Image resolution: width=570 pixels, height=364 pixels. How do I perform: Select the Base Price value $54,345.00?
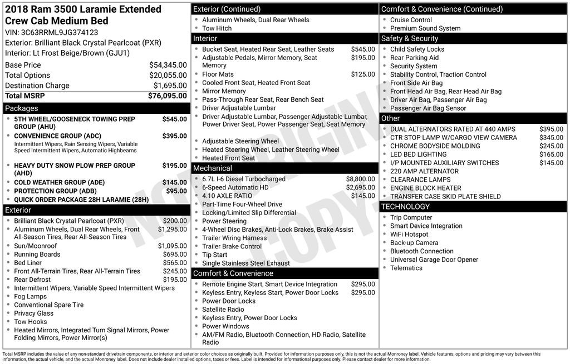pos(168,65)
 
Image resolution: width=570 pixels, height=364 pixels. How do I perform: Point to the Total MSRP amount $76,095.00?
pos(167,96)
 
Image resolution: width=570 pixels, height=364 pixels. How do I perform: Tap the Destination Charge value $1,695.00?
pos(170,86)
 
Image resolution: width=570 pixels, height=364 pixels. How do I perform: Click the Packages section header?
pos(22,108)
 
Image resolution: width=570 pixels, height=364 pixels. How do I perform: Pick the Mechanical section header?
pos(212,168)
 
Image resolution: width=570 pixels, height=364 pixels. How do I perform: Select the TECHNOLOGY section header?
pos(405,207)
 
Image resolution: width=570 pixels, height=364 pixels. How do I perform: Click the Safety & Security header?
pos(409,38)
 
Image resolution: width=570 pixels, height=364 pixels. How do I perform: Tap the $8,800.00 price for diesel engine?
pos(360,179)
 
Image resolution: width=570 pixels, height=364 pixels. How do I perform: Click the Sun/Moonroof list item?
pos(35,246)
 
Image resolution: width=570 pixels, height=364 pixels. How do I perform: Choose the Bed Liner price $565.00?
pos(174,263)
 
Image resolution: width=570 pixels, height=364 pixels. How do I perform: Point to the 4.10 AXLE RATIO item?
pos(227,196)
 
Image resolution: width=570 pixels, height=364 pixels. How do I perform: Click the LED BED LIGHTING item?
pos(418,154)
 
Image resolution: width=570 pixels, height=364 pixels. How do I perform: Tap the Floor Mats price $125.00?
pos(363,74)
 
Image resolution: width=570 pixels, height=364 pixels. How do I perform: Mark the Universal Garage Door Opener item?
pos(434,260)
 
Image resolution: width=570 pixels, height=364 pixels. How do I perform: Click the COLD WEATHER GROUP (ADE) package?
pos(59,182)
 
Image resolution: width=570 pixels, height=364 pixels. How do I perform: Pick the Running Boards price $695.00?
pos(174,255)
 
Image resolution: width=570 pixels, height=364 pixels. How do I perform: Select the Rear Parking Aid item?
pos(414,58)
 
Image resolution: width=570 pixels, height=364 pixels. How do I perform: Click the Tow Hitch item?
pos(217,28)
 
